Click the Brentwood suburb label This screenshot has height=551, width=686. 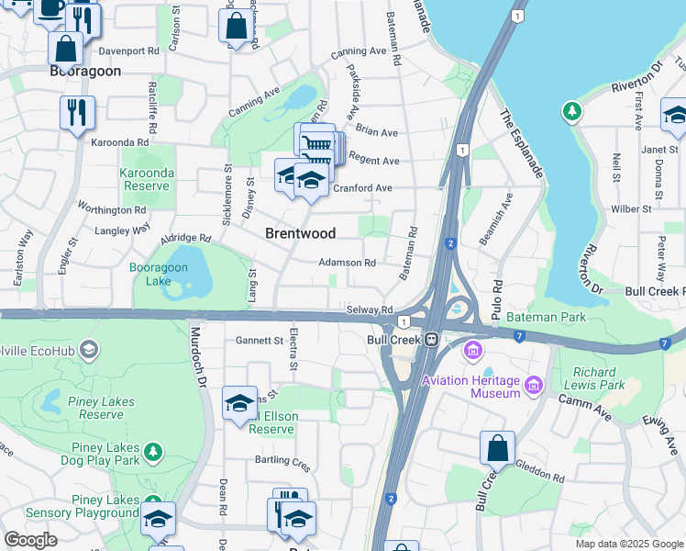(x=300, y=233)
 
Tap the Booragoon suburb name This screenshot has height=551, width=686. (x=84, y=70)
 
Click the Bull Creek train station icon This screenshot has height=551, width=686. (x=429, y=339)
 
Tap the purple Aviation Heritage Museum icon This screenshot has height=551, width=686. (x=472, y=350)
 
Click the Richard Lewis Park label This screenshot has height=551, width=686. (x=599, y=379)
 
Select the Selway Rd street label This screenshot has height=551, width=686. (x=370, y=309)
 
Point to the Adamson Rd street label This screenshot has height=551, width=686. (x=347, y=263)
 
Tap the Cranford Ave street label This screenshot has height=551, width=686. (x=362, y=188)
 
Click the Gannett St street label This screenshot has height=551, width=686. (x=260, y=341)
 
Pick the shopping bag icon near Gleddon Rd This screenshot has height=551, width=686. (x=496, y=449)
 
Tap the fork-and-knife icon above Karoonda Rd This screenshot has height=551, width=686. (x=77, y=113)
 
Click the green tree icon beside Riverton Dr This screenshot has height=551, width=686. (x=572, y=112)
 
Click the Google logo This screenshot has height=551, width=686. (x=30, y=540)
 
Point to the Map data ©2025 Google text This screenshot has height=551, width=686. (x=629, y=544)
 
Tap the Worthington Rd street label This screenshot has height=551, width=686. (x=112, y=208)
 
